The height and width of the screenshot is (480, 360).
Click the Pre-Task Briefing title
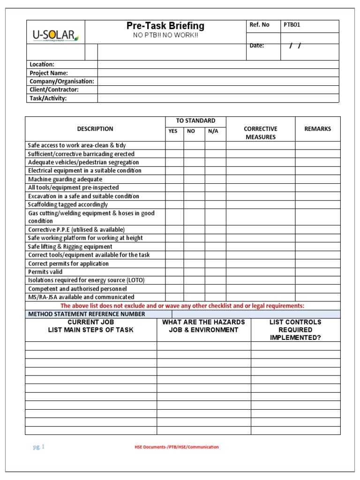[x=165, y=26]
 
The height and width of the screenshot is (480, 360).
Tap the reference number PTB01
[x=292, y=25]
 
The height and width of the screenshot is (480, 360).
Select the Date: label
[x=256, y=45]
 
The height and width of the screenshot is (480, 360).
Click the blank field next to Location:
[x=218, y=64]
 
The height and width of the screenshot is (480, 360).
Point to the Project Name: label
[x=49, y=73]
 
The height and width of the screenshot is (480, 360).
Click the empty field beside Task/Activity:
[x=218, y=98]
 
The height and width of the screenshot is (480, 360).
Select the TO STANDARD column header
[x=195, y=121]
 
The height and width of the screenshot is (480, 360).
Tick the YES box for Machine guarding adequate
[x=174, y=179]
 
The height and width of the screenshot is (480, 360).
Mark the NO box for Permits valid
[x=194, y=272]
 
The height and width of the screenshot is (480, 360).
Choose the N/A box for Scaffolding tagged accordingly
[x=215, y=204]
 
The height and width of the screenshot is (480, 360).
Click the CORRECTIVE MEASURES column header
[x=260, y=133]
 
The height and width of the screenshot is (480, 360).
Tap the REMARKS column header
[x=317, y=129]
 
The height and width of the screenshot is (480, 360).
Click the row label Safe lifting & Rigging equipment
[x=70, y=247]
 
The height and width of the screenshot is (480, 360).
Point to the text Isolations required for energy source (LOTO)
[x=86, y=280]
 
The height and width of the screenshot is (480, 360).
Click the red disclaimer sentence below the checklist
[x=182, y=306]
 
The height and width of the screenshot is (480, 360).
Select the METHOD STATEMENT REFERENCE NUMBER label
[x=87, y=314]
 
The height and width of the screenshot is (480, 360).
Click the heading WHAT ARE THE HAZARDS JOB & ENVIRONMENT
[x=203, y=326]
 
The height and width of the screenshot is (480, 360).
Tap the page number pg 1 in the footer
[x=38, y=447]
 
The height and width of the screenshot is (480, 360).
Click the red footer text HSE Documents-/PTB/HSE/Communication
[x=176, y=447]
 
